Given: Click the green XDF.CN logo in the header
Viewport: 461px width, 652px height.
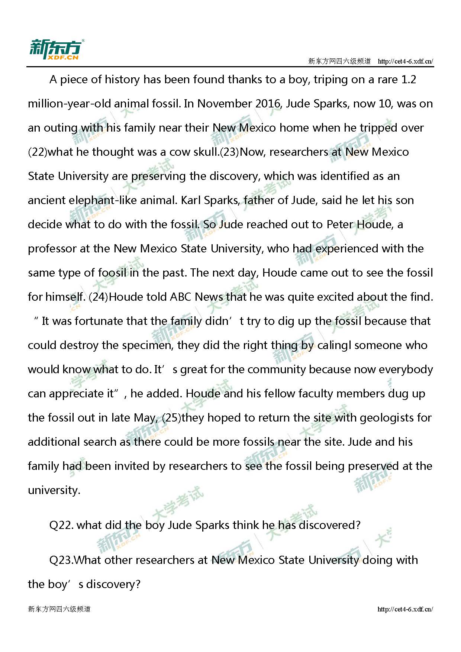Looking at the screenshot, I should pos(57,49).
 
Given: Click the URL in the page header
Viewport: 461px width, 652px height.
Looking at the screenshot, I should pos(405,61).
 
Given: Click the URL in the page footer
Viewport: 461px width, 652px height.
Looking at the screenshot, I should pos(405,609).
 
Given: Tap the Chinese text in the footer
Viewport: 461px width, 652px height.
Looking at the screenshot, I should pos(59,609).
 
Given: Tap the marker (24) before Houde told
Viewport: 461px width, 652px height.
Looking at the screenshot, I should pos(98,297).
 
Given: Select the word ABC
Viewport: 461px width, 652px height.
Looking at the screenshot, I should pos(181,297).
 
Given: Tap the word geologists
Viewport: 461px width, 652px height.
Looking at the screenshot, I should pos(387,418).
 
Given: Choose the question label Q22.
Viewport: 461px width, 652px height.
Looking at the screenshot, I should pos(61,525).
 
